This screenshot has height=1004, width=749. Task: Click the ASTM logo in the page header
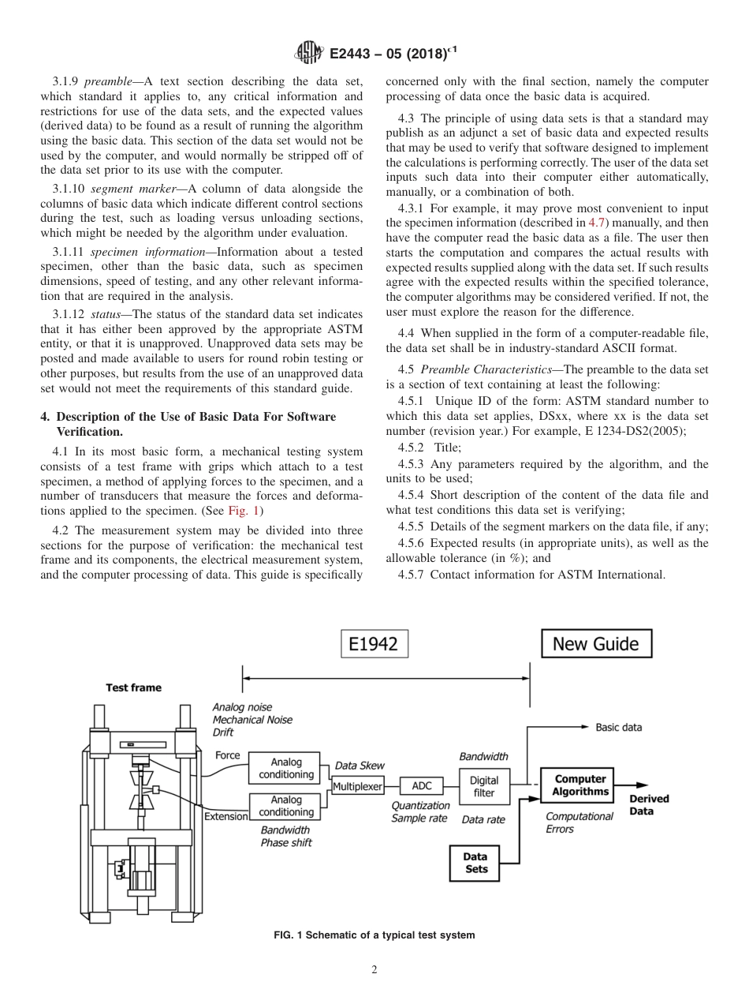pos(307,53)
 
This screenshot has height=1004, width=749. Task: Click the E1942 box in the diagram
pos(374,644)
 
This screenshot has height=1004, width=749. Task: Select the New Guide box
pos(595,644)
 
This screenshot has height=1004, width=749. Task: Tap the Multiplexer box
pos(357,786)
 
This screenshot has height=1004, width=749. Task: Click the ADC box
pos(421,786)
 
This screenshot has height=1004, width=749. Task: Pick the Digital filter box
pos(483,787)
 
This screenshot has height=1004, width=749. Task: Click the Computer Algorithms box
pos(579,785)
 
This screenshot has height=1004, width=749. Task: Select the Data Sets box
pos(475,863)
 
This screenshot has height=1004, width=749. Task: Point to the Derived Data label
pos(648,804)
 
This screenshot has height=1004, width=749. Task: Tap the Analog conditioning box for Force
pos(285,768)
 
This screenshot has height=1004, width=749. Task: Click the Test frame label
pos(133,687)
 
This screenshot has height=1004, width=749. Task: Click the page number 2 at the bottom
pos(374,970)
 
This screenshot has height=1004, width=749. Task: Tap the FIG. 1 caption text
pos(374,935)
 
